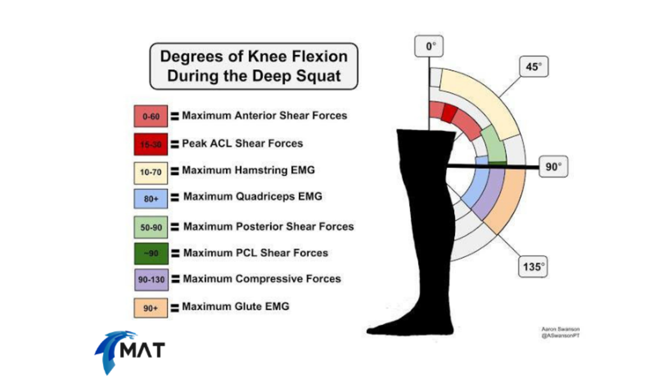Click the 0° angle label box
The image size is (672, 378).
pos(430,47)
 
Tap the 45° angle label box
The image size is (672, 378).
pos(533,67)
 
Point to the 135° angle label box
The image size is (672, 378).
pos(532,267)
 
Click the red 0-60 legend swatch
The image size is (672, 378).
pos(151,116)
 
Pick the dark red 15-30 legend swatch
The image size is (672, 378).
pos(151,144)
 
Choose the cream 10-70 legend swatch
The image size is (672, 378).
pos(151,172)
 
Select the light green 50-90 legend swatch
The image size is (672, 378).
pos(151,227)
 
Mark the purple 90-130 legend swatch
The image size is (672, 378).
pos(151,280)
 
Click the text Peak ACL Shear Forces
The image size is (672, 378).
pos(242,143)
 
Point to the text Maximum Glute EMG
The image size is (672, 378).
pos(235,306)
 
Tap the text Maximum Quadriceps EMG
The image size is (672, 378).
pos(253,197)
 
